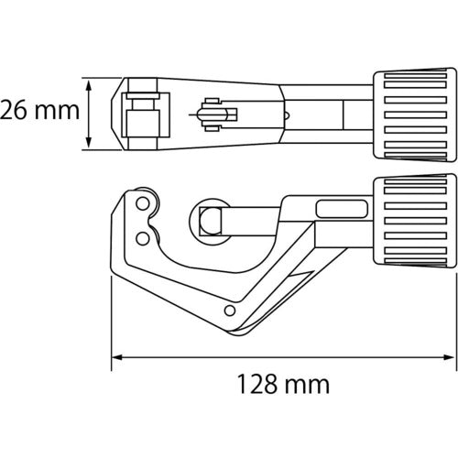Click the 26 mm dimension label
coord(39,110)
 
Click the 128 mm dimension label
coord(283,384)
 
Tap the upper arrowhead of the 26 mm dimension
coord(89,86)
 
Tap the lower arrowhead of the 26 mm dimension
coord(89,142)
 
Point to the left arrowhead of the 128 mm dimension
coord(117,357)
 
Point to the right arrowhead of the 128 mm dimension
coord(448,357)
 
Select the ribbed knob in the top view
coord(415,114)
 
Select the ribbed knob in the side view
coord(415,221)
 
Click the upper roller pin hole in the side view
coord(143,203)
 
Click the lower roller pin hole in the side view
coord(143,238)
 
